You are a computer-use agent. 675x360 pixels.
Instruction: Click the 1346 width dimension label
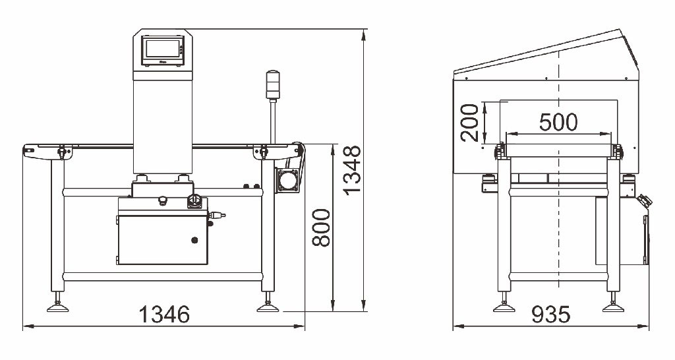(x=164, y=315)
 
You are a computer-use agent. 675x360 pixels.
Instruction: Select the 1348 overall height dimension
(x=352, y=171)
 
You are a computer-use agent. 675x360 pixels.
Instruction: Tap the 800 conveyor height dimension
(x=321, y=227)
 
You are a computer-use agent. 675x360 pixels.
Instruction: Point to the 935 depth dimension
(x=551, y=315)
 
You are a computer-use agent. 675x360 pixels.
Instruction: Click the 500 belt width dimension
(x=558, y=122)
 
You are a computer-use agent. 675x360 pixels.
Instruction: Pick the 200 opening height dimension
(x=469, y=123)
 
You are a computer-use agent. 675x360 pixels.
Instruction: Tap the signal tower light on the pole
(x=272, y=84)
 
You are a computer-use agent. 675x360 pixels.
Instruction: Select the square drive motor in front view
(x=287, y=180)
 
